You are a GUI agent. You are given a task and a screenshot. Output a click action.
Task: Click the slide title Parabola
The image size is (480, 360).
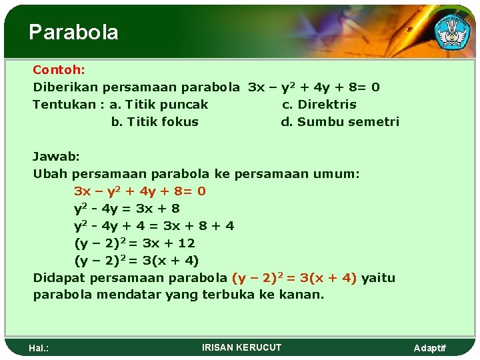(73, 32)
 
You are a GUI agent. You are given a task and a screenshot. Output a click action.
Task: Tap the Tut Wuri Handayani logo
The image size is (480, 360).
(451, 31)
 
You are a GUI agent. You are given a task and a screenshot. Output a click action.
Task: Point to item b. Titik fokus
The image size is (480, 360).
(155, 121)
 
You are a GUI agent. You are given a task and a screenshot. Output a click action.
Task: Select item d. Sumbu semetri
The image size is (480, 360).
(340, 121)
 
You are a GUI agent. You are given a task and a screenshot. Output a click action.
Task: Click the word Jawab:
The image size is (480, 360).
(57, 156)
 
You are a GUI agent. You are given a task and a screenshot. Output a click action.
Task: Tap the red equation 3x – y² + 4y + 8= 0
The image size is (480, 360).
(140, 191)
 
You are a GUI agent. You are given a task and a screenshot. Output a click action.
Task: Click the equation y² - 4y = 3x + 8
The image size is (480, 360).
(127, 208)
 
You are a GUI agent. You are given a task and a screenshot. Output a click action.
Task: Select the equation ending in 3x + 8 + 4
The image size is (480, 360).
(154, 225)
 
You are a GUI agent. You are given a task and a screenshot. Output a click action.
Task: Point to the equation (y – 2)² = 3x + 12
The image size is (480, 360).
(134, 243)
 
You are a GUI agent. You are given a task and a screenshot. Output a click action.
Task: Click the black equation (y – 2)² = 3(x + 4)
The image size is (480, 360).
(136, 260)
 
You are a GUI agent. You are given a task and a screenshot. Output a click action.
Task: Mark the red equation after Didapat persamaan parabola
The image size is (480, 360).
(294, 277)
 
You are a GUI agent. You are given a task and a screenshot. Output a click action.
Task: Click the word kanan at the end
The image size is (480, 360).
(305, 295)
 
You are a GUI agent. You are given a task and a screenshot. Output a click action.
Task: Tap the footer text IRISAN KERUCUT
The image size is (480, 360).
(241, 347)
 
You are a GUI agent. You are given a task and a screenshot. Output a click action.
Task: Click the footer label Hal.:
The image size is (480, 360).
(39, 348)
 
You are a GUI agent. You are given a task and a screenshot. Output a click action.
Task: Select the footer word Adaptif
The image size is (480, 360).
(430, 348)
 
